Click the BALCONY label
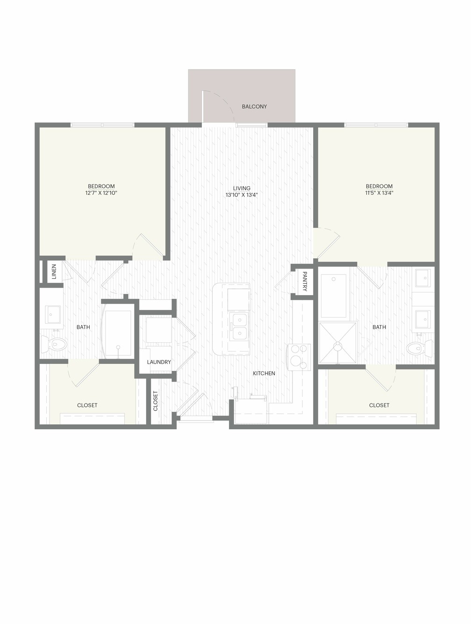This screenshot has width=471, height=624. coord(254,106)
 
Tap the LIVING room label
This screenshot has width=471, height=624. coord(242,188)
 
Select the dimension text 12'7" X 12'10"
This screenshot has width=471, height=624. coord(101,193)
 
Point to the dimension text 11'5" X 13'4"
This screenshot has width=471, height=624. coord(379,193)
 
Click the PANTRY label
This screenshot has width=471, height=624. coord(305,282)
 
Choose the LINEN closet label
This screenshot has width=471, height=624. coord(54,271)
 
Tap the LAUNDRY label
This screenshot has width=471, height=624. coord(159,362)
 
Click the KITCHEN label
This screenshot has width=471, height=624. coord(264,373)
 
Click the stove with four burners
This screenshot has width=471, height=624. coord(299,357)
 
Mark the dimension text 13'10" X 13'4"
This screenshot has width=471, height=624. coord(242,195)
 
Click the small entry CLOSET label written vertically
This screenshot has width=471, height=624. coord(155,401)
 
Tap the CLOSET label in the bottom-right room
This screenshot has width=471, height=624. coord(379,405)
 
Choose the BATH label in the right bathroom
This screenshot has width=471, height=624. coord(379,327)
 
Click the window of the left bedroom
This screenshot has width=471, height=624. coord(102,125)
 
